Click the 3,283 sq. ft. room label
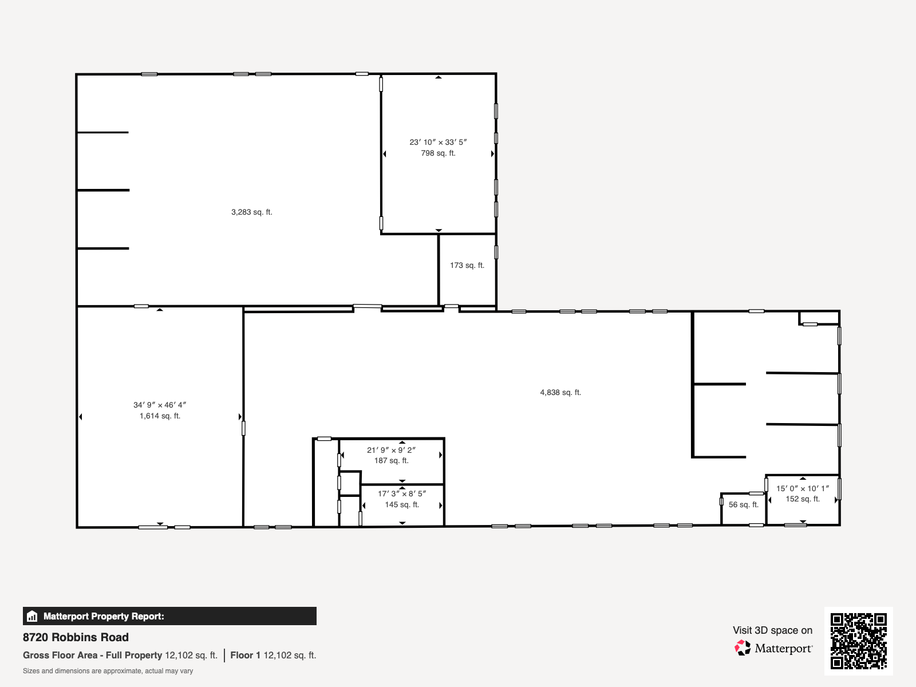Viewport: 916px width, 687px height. tap(252, 212)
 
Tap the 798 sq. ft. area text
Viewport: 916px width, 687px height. tap(438, 153)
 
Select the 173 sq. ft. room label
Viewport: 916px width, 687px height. tap(467, 265)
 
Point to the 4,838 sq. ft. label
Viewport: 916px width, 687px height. tap(560, 392)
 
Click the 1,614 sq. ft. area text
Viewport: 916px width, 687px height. tap(160, 416)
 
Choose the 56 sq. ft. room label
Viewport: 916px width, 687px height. tap(743, 505)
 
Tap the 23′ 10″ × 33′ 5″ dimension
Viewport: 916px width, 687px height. tap(438, 142)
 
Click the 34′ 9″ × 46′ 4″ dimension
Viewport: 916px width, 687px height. tap(160, 405)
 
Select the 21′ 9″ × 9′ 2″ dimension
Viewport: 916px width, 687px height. tap(391, 450)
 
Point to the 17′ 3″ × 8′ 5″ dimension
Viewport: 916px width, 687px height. tap(402, 494)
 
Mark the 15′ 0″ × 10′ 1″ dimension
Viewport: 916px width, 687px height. tap(803, 488)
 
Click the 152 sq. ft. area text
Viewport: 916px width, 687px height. tap(803, 499)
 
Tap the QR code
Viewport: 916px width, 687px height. tap(858, 641)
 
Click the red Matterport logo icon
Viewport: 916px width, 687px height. tap(743, 648)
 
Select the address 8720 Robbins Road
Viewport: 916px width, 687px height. tap(76, 637)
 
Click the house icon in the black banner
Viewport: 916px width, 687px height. tap(32, 616)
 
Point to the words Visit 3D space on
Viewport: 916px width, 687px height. tap(772, 630)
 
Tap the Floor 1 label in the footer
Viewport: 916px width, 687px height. tap(246, 656)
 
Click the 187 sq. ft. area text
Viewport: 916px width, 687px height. tap(391, 460)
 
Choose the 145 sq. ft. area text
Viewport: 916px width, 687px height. tap(402, 505)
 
